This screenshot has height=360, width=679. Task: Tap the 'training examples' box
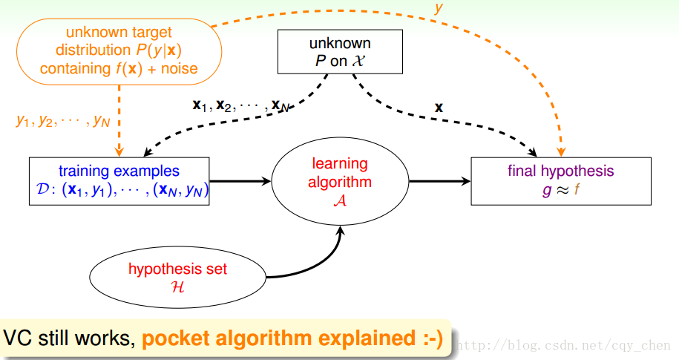tap(119, 181)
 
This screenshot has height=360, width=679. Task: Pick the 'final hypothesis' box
tap(561, 181)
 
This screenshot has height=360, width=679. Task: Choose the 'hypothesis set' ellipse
tap(177, 276)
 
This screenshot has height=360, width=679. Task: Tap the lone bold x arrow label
tap(439, 108)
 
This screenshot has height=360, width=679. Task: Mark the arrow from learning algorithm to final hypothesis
tap(439, 180)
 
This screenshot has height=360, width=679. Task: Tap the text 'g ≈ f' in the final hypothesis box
tap(561, 190)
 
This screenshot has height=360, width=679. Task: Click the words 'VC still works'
tap(68, 339)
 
